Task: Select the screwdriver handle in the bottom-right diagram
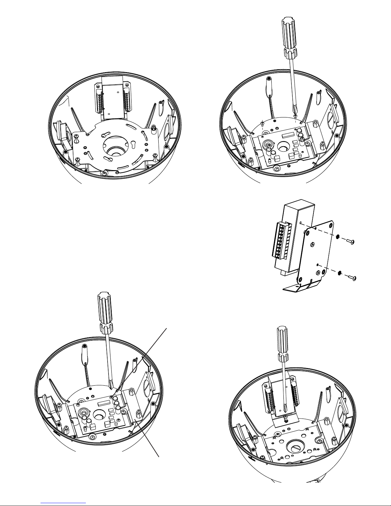[x=282, y=343]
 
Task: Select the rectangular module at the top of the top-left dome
[x=113, y=97]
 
